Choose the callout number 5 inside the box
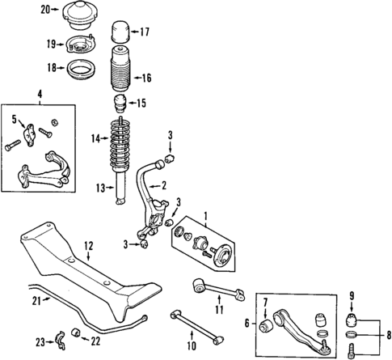tap(13, 119)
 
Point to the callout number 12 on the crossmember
tap(89, 244)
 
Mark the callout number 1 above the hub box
tap(205, 216)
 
